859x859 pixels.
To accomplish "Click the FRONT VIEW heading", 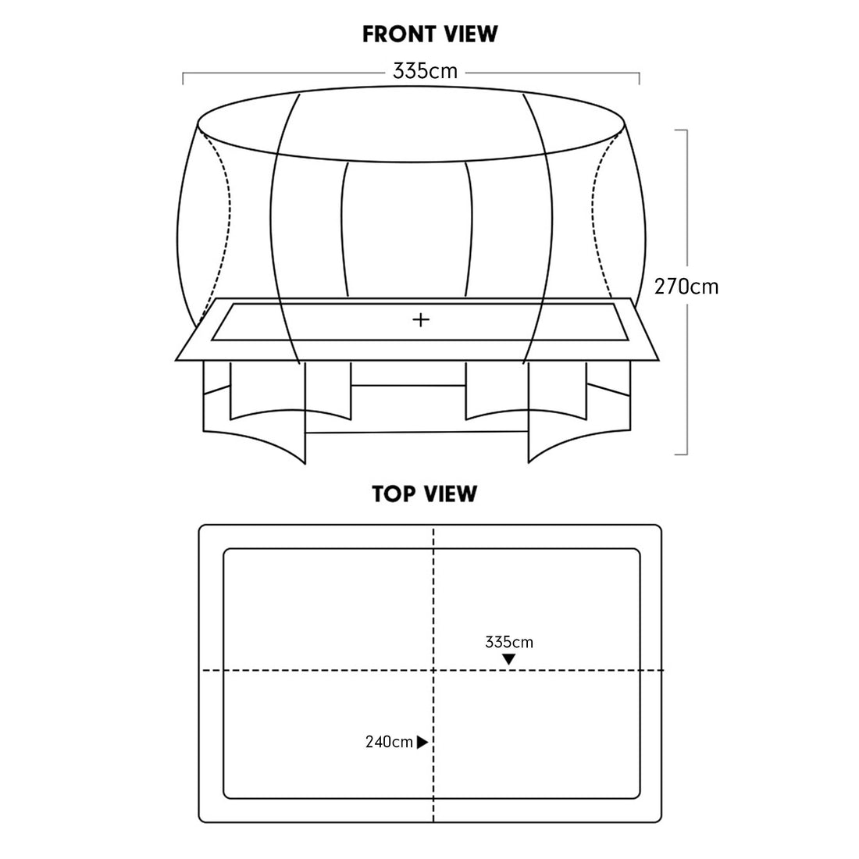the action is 430,34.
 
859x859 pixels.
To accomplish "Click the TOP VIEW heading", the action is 425,494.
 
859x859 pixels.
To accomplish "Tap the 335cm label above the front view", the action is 425,71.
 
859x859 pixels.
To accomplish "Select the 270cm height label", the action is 686,287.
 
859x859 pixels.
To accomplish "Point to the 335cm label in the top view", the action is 509,642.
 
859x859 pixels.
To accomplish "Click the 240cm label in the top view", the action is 389,742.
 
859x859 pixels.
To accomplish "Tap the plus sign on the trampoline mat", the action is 421,319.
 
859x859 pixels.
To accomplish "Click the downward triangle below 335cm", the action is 509,660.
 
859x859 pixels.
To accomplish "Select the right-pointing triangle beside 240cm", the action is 422,743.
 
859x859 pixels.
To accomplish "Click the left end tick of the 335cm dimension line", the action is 183,78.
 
